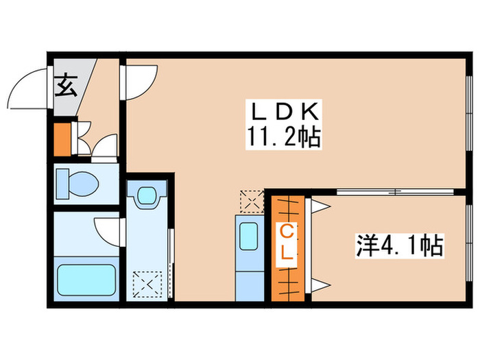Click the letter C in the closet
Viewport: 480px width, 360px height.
(x=287, y=232)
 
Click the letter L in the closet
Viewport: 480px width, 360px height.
(x=287, y=255)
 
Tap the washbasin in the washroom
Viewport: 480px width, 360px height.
(x=146, y=196)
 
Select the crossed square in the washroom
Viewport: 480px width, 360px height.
(x=146, y=282)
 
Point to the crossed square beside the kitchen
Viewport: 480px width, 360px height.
(x=250, y=201)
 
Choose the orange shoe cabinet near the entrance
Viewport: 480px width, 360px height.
(x=62, y=139)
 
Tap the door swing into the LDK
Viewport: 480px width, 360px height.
(x=141, y=82)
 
